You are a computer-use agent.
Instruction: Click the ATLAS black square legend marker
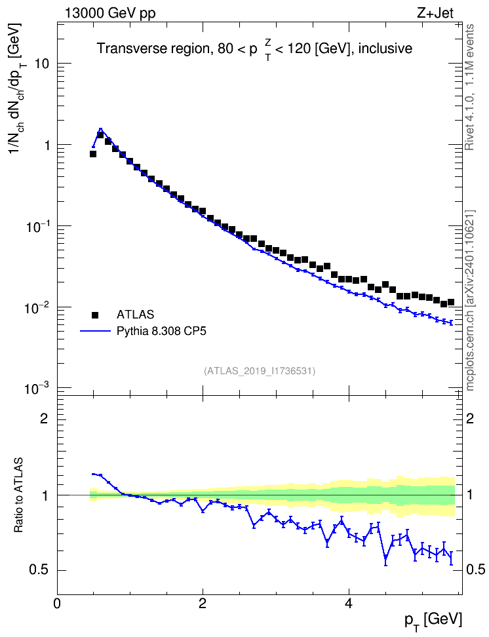coord(95,315)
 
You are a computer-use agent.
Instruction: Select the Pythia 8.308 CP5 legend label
coord(161,331)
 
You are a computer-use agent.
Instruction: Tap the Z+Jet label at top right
coord(435,13)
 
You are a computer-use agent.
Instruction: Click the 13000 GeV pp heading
coord(110,14)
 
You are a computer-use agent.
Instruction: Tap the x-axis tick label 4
coord(348,603)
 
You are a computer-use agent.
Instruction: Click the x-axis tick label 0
coord(57,603)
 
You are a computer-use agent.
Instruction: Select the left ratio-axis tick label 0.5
coord(38,570)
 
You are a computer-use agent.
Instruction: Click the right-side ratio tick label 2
coord(470,418)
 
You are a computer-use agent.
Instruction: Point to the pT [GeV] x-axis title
coord(433,621)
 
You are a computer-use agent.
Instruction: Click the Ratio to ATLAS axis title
coord(18,495)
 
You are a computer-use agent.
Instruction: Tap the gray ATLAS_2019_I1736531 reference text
coord(260,371)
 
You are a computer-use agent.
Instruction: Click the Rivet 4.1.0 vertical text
coord(469,87)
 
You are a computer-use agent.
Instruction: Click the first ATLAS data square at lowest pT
coord(93,154)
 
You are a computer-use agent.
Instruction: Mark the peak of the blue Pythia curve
coord(100,129)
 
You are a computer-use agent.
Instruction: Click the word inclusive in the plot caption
coord(385,48)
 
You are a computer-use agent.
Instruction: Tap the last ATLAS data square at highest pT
coord(451,302)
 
